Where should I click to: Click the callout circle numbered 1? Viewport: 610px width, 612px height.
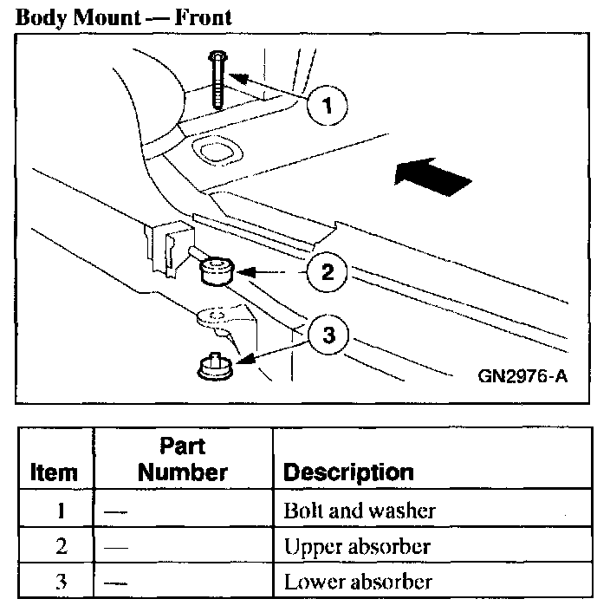[x=327, y=107]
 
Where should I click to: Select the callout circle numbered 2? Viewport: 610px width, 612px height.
[x=328, y=272]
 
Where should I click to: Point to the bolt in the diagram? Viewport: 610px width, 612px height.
[x=217, y=78]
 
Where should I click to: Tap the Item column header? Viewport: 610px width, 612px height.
[x=54, y=473]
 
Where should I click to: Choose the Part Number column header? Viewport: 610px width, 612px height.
[x=182, y=459]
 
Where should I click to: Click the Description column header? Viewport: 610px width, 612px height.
[x=348, y=473]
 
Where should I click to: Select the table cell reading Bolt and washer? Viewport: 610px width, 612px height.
[x=360, y=511]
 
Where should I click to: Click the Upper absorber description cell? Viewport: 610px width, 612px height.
[x=356, y=547]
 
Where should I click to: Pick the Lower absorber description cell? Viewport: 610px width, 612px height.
[x=357, y=582]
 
